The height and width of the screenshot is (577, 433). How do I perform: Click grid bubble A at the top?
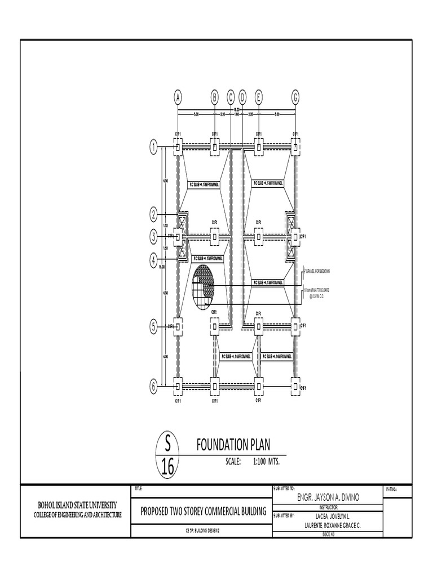pyautogui.click(x=178, y=97)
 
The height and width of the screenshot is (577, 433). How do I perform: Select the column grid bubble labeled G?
pyautogui.click(x=295, y=97)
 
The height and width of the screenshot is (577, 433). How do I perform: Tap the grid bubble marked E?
pyautogui.click(x=258, y=97)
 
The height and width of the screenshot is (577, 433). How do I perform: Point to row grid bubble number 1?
pyautogui.click(x=153, y=148)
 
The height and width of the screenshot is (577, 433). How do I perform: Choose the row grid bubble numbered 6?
pyautogui.click(x=153, y=386)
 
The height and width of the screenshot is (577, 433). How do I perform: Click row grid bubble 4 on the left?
pyautogui.click(x=153, y=260)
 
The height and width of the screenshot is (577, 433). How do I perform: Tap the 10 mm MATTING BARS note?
pyautogui.click(x=317, y=291)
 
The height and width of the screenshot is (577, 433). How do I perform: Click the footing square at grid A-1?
pyautogui.click(x=178, y=148)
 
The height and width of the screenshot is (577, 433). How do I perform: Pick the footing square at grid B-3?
pyautogui.click(x=215, y=237)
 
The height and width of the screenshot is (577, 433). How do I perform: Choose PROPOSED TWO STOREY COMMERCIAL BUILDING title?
pyautogui.click(x=204, y=511)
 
